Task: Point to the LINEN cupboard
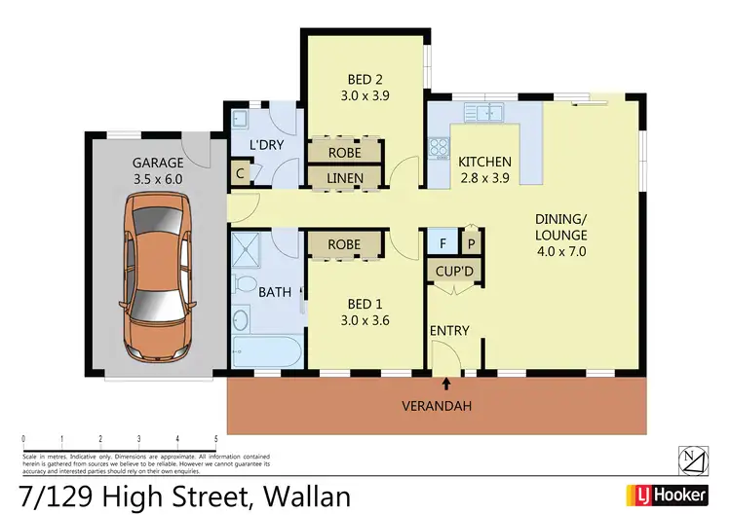click(x=344, y=178)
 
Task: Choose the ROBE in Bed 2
click(x=344, y=153)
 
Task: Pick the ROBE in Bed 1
click(x=344, y=244)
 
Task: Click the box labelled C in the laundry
click(x=239, y=176)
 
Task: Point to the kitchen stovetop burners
click(x=438, y=148)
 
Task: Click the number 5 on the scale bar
click(x=215, y=438)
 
